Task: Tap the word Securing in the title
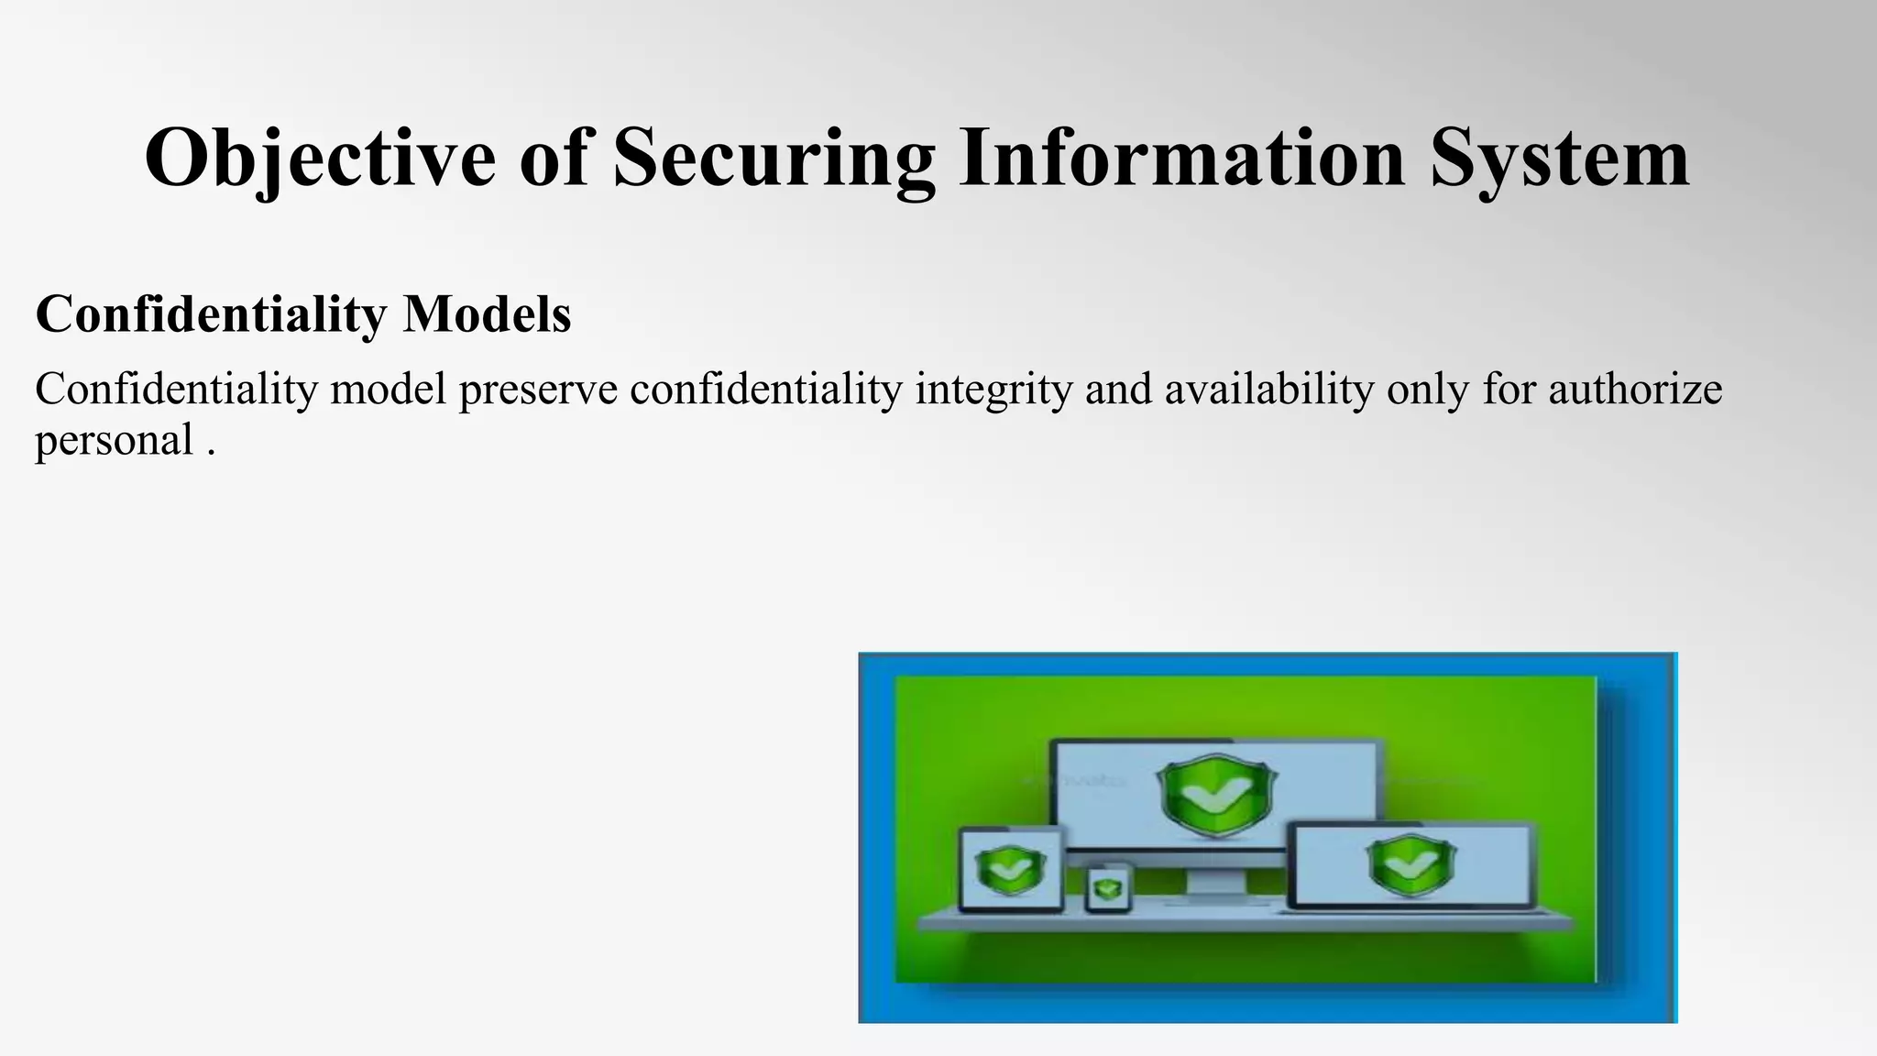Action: pyautogui.click(x=774, y=158)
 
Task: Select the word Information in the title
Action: pyautogui.click(x=1181, y=158)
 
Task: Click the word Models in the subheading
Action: pyautogui.click(x=487, y=313)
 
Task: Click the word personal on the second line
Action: pyautogui.click(x=114, y=440)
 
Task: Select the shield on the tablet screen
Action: pyautogui.click(x=1011, y=869)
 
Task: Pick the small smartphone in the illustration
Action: pyautogui.click(x=1108, y=889)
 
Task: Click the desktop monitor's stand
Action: pyautogui.click(x=1215, y=885)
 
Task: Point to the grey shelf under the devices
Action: pyautogui.click(x=1246, y=920)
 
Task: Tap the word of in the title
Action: pyautogui.click(x=554, y=158)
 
